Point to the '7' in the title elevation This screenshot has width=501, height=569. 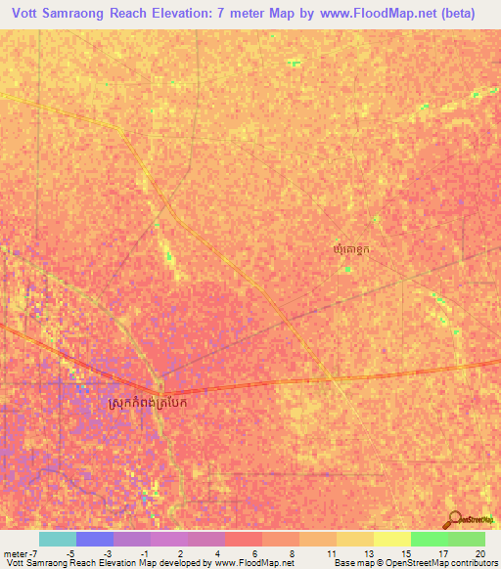tap(263, 14)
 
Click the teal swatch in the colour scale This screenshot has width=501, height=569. tap(57, 539)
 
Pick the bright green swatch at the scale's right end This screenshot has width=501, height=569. tap(466, 539)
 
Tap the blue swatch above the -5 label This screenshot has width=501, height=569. tap(95, 539)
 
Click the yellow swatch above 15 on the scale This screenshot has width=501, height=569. tap(391, 539)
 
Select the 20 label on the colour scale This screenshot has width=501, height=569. tap(479, 553)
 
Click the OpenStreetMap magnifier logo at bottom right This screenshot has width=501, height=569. tap(455, 519)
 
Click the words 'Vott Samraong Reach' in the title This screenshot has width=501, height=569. tap(90, 14)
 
